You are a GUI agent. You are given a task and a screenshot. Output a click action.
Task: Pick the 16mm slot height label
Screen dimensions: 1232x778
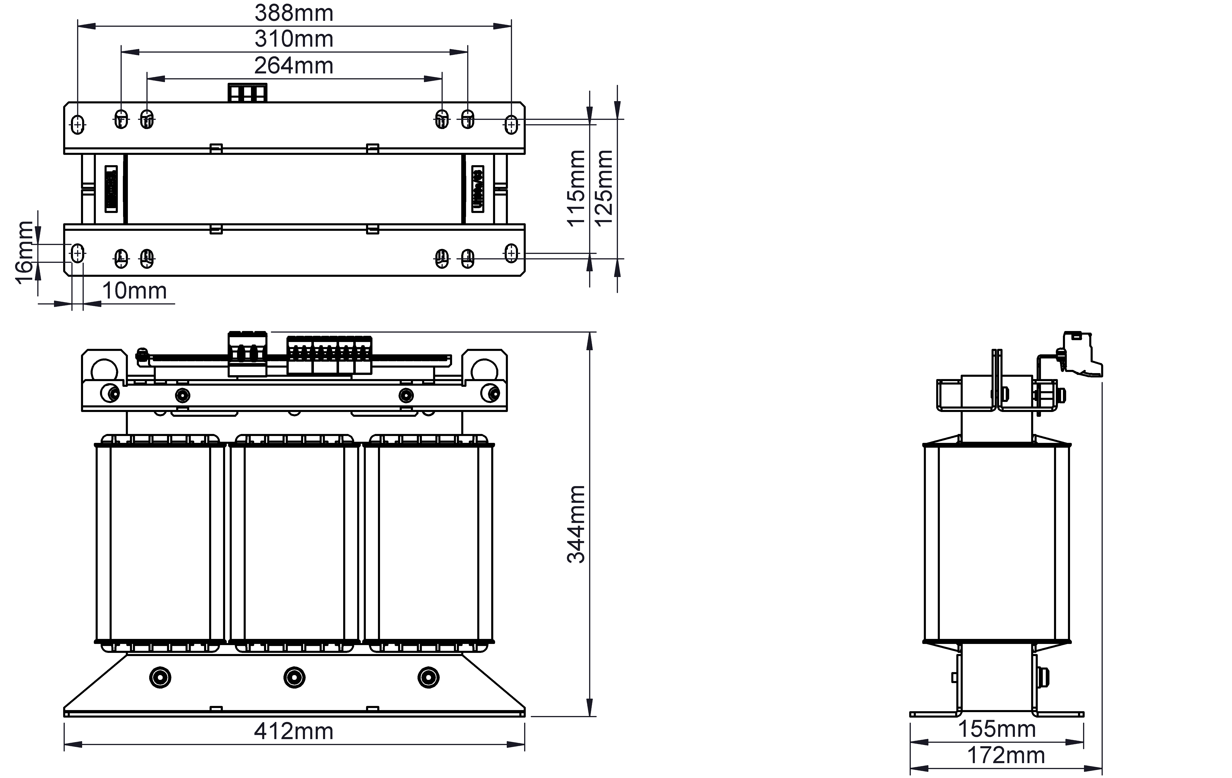pos(24,253)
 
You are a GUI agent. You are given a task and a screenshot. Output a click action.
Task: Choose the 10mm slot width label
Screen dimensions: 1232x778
pos(135,291)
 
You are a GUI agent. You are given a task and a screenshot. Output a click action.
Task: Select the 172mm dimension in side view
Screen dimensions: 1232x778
pos(1006,756)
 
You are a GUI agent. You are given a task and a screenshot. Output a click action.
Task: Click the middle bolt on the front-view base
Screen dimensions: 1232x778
pos(294,678)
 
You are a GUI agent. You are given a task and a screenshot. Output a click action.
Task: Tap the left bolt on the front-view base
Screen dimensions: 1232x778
pos(160,678)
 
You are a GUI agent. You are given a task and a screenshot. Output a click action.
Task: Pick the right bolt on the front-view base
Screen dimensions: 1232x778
pos(428,678)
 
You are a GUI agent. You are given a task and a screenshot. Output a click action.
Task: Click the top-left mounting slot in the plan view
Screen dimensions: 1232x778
pos(77,124)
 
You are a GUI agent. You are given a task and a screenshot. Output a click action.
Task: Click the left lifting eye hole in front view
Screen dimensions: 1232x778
pos(104,370)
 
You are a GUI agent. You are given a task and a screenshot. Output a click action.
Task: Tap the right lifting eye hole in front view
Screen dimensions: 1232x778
pos(484,370)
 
